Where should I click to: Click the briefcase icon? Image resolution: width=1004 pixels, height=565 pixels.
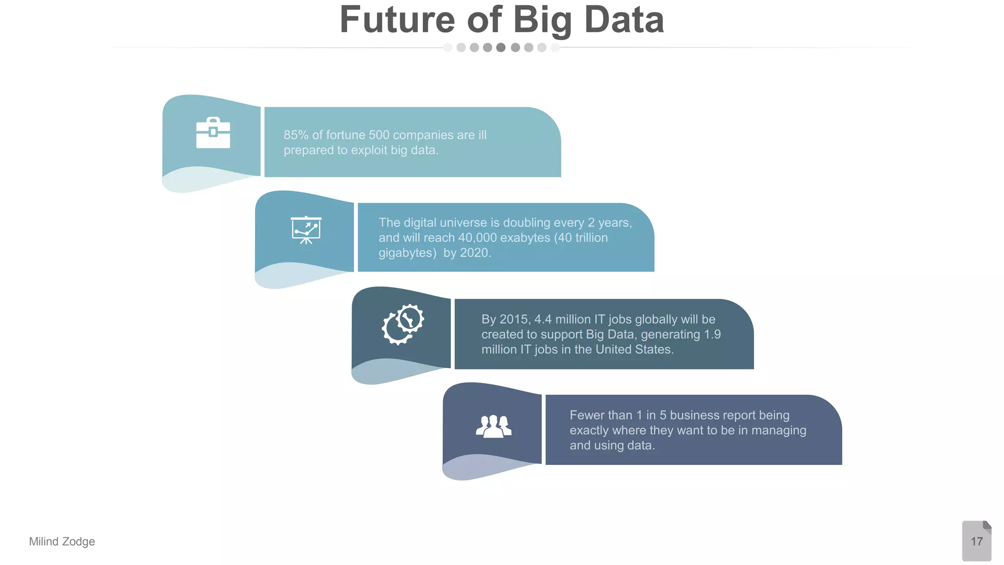click(213, 133)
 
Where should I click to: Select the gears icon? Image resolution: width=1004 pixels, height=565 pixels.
click(403, 324)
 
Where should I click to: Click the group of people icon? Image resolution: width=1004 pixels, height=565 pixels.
click(494, 426)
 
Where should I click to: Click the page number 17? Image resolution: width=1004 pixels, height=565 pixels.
click(977, 541)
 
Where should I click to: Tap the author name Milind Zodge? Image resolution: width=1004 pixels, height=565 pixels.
click(62, 541)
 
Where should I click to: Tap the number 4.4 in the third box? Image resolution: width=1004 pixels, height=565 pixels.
click(543, 319)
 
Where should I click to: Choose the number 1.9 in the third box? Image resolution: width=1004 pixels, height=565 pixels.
click(712, 334)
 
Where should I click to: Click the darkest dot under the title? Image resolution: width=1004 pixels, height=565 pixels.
click(501, 48)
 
